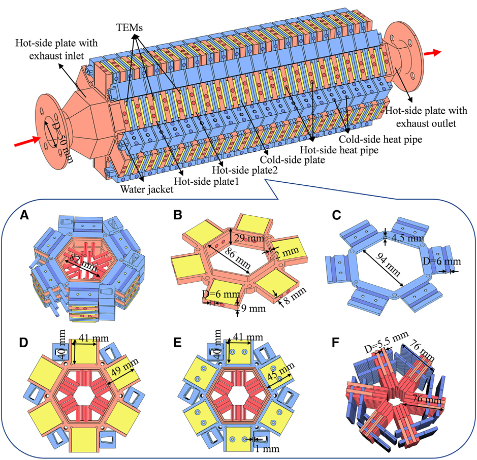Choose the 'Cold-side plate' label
tap(296, 160)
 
